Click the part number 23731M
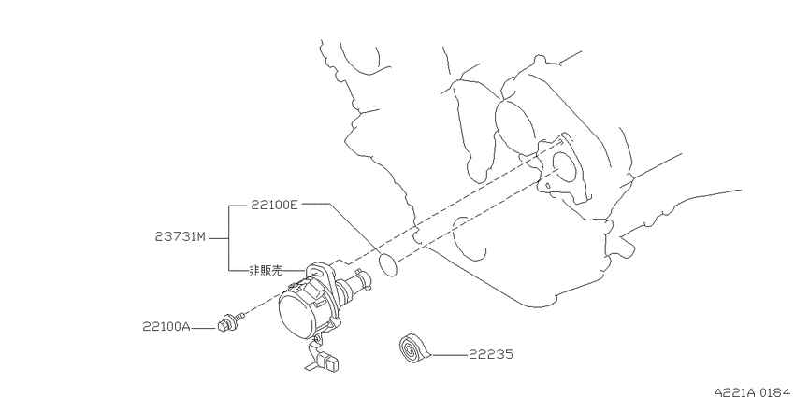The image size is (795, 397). (181, 236)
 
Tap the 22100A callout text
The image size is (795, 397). (166, 327)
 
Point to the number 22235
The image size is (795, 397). (490, 354)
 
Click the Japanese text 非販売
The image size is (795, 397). (266, 270)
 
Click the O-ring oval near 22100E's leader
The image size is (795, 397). (388, 265)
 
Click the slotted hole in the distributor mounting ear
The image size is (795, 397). (314, 273)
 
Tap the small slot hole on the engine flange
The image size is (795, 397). (548, 186)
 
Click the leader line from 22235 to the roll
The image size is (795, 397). (449, 354)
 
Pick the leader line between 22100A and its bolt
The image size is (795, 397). (204, 328)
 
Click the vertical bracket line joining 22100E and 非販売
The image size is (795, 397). (228, 237)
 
